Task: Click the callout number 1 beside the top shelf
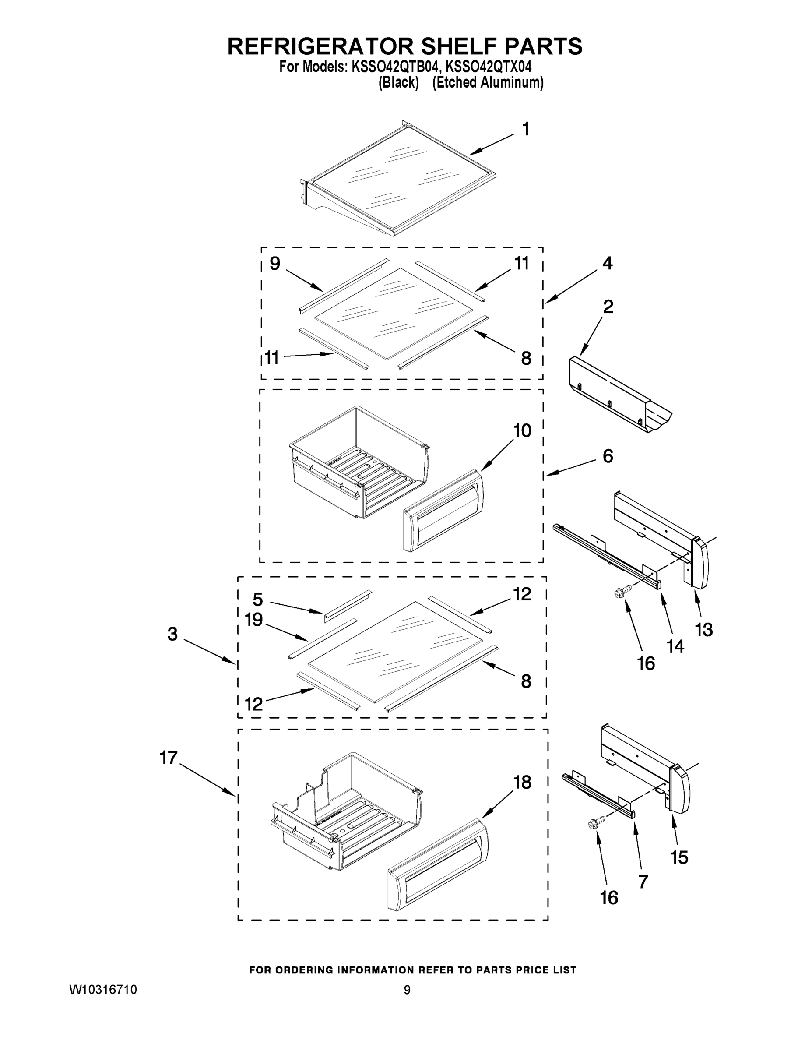(x=526, y=129)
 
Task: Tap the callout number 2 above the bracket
(x=608, y=307)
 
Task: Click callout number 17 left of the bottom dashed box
(x=169, y=758)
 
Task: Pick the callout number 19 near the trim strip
(x=253, y=620)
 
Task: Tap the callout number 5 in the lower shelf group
(x=258, y=600)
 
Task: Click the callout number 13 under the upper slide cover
(x=704, y=629)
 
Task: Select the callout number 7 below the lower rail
(x=643, y=882)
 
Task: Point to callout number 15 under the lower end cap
(x=679, y=857)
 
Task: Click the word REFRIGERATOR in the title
(x=320, y=46)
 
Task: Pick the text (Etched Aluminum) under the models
(x=488, y=83)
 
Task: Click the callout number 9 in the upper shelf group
(x=274, y=263)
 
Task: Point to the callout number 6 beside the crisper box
(x=608, y=456)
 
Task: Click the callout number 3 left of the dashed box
(x=172, y=634)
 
